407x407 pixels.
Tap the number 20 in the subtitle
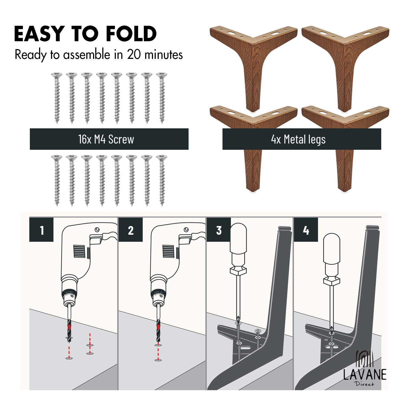134,54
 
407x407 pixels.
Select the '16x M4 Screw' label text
106,139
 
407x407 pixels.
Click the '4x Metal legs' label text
298,139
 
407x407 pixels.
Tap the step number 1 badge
41,230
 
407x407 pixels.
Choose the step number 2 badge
131,230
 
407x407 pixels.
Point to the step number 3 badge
219,230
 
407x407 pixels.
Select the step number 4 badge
306,230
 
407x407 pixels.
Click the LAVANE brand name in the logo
365,375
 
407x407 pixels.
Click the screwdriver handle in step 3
238,239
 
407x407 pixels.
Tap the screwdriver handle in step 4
332,249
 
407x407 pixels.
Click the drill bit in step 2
158,330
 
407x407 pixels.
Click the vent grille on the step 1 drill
79,252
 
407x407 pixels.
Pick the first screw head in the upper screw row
57,75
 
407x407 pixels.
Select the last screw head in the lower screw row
162,157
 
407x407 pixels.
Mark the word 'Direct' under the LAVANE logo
364,383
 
